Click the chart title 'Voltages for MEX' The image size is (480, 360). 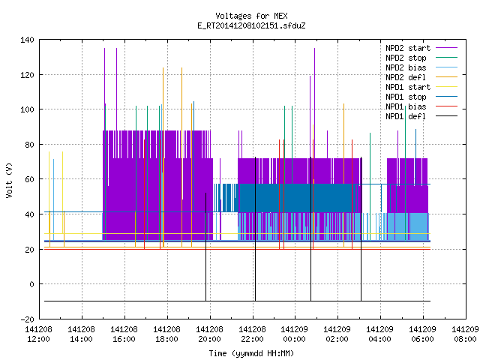tap(251, 16)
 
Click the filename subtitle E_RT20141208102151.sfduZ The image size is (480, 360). tap(251, 25)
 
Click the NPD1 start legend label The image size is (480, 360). tap(408, 87)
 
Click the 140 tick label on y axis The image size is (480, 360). tap(27, 40)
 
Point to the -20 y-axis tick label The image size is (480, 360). tap(27, 319)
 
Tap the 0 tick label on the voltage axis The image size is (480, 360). tap(31, 284)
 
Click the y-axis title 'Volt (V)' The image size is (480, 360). tap(10, 180)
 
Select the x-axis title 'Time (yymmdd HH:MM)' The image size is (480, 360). tap(251, 353)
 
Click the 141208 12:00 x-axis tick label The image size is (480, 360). tap(38, 334)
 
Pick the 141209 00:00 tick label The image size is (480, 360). tap(295, 334)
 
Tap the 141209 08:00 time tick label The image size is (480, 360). tap(465, 334)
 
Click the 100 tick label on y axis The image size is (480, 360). tap(27, 109)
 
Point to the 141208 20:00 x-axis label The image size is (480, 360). tap(209, 334)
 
